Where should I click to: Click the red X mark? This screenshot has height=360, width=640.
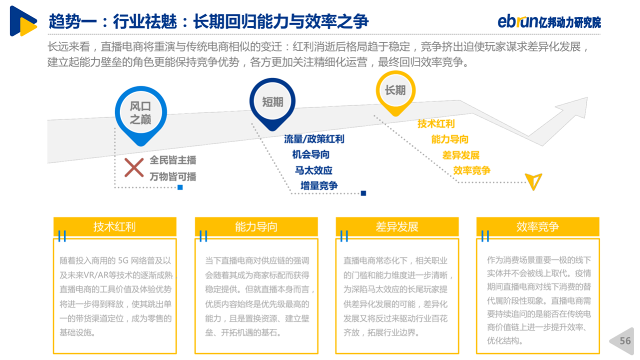(x=134, y=167)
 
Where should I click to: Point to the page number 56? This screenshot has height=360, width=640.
(x=625, y=341)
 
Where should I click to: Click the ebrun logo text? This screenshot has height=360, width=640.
(x=517, y=21)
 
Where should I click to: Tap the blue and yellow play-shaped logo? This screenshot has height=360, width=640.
(x=23, y=21)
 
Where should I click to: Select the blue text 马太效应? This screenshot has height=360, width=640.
(x=313, y=170)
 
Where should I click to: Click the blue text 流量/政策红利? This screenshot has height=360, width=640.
(x=314, y=139)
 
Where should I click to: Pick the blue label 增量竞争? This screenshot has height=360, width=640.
(x=319, y=186)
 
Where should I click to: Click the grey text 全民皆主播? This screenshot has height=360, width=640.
(x=173, y=160)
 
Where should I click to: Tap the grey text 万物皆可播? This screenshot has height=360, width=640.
(x=173, y=177)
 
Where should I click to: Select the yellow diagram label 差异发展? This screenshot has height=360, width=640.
(x=460, y=155)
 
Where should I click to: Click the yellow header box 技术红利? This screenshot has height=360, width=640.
(x=115, y=226)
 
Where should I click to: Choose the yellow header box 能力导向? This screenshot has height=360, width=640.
(x=256, y=226)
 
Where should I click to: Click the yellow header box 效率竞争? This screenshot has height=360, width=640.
(x=537, y=226)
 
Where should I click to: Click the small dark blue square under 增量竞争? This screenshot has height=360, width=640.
(x=363, y=193)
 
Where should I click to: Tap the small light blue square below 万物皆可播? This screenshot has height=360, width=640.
(x=180, y=187)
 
